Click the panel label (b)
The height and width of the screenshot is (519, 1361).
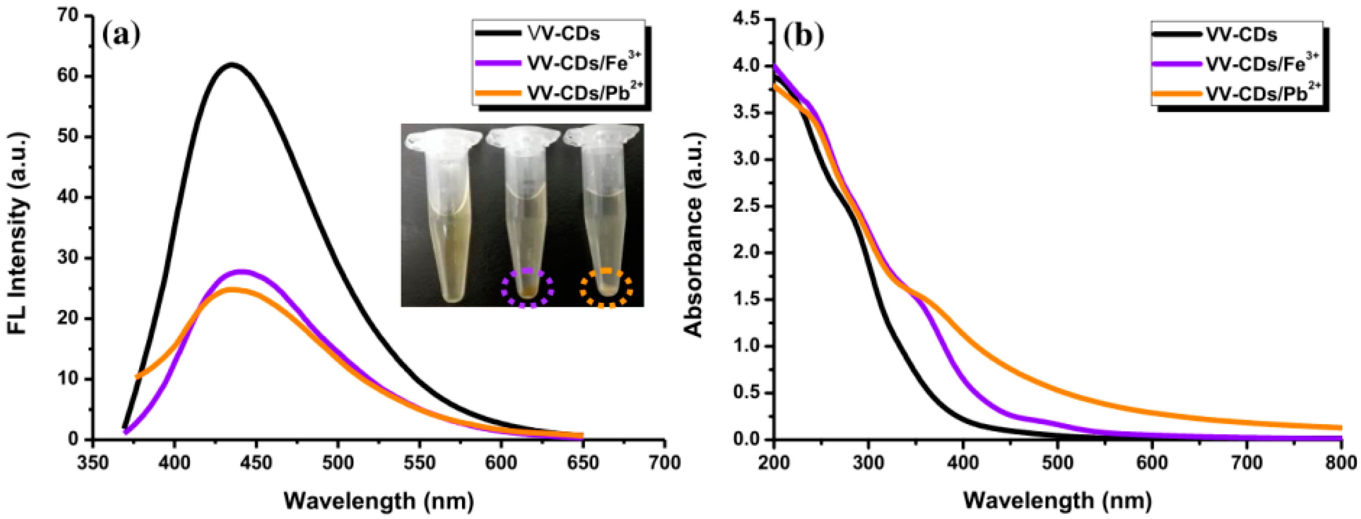[x=803, y=36]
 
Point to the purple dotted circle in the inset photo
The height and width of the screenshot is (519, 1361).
[x=527, y=288]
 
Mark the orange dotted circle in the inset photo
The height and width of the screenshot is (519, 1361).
[x=606, y=288]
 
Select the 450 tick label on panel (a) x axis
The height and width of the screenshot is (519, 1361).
[x=255, y=463]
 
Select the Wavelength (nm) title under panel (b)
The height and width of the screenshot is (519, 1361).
[x=1057, y=499]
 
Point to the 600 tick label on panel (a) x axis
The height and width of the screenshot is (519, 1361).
[x=501, y=463]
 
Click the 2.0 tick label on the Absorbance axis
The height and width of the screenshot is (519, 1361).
[x=747, y=253]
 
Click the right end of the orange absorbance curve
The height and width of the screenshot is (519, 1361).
[x=1341, y=427]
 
